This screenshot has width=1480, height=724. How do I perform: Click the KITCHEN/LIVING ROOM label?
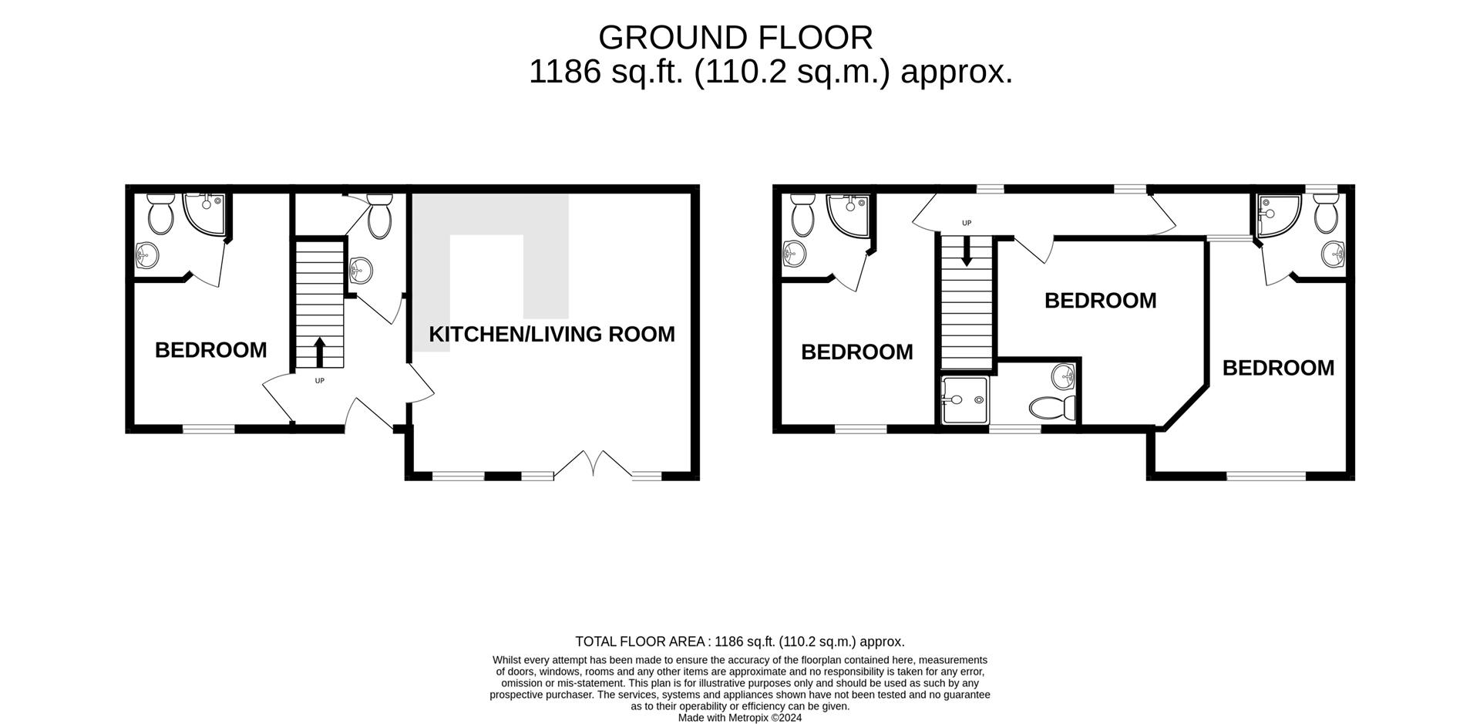[x=551, y=334]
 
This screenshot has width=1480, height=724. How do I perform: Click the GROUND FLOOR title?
[x=735, y=37]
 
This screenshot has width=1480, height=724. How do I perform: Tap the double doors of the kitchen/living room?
[x=594, y=465]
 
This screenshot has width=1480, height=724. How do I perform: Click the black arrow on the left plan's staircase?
[x=319, y=352]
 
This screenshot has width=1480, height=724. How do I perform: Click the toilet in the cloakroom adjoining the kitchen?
[x=379, y=215]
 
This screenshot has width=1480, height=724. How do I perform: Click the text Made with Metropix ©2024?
[x=740, y=718]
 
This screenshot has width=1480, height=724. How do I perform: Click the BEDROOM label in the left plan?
[x=211, y=350]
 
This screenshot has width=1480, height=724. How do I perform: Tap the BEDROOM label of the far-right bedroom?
[x=1278, y=368]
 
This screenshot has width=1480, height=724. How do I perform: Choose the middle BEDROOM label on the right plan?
[x=1100, y=301]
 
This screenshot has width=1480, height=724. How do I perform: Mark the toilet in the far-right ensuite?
[x=1326, y=214]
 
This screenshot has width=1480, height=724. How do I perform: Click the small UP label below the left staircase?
[x=320, y=381]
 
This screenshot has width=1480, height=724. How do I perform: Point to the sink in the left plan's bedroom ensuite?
[x=147, y=255]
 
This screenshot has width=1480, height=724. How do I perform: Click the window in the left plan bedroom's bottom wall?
[x=208, y=429]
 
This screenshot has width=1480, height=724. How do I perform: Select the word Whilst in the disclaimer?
[x=506, y=661]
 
